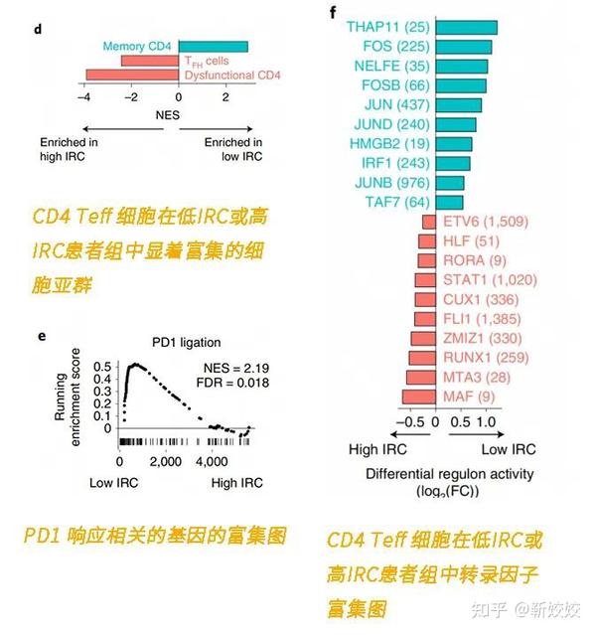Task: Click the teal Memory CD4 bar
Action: click(213, 46)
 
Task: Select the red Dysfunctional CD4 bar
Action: click(132, 75)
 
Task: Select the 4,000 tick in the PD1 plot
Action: click(213, 462)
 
